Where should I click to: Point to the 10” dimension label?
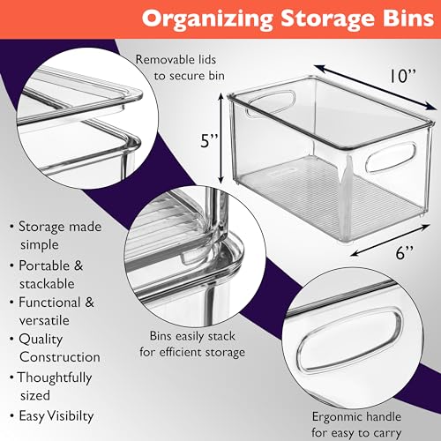point(403,76)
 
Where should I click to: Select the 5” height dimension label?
point(209,140)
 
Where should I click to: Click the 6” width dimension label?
point(405,252)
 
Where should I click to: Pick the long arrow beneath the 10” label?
point(375,87)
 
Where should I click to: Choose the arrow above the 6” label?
point(390,240)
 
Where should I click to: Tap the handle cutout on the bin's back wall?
point(271,103)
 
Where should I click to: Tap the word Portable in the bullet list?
point(44,265)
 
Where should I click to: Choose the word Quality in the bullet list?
point(41,340)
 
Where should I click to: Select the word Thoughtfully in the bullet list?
point(55,378)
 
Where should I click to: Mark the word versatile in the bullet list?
point(44,320)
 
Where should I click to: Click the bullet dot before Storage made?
point(11,228)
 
